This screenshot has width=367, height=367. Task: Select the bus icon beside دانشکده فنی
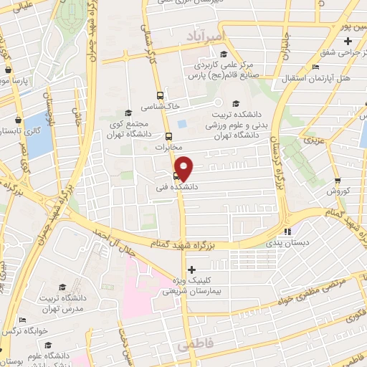coord(176,176)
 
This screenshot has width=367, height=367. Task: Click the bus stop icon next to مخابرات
coord(169,135)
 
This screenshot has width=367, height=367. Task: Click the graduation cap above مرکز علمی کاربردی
coord(224,54)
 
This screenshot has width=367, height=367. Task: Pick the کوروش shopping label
coord(337,191)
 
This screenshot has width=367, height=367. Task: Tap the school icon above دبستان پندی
coord(287,232)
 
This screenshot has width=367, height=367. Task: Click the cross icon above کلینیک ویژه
coord(190,270)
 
